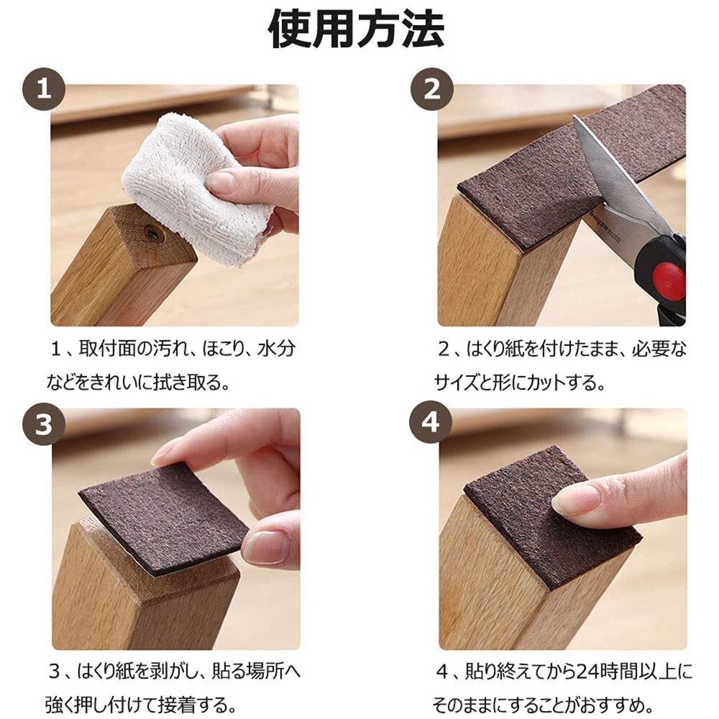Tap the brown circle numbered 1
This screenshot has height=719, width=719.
[44, 90]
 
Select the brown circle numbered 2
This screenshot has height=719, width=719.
[432, 90]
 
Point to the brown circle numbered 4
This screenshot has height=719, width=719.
[431, 424]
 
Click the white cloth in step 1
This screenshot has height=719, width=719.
[194, 186]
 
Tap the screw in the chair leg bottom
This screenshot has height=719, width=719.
[154, 234]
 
